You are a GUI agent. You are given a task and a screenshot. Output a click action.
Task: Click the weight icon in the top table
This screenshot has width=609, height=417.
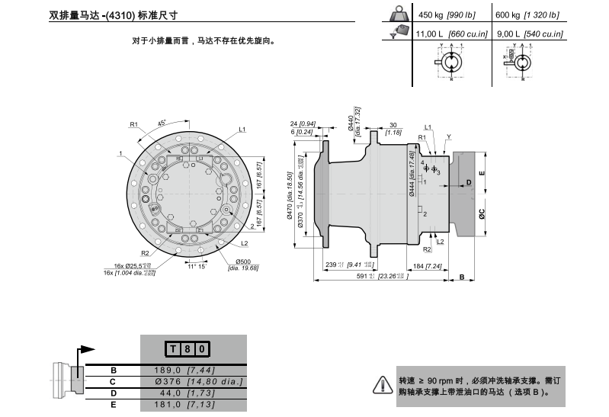pos(398,14)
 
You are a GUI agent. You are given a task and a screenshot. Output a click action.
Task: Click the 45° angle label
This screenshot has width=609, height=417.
pos(162,122)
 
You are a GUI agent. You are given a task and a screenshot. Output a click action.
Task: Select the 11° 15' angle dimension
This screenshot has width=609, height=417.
pos(197,267)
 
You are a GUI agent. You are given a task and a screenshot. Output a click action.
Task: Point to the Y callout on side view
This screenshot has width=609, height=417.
pos(449,136)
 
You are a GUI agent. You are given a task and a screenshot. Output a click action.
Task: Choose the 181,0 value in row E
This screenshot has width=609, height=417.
pos(178,404)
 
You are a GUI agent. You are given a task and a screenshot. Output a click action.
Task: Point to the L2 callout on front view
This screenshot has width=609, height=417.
pos(245,244)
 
